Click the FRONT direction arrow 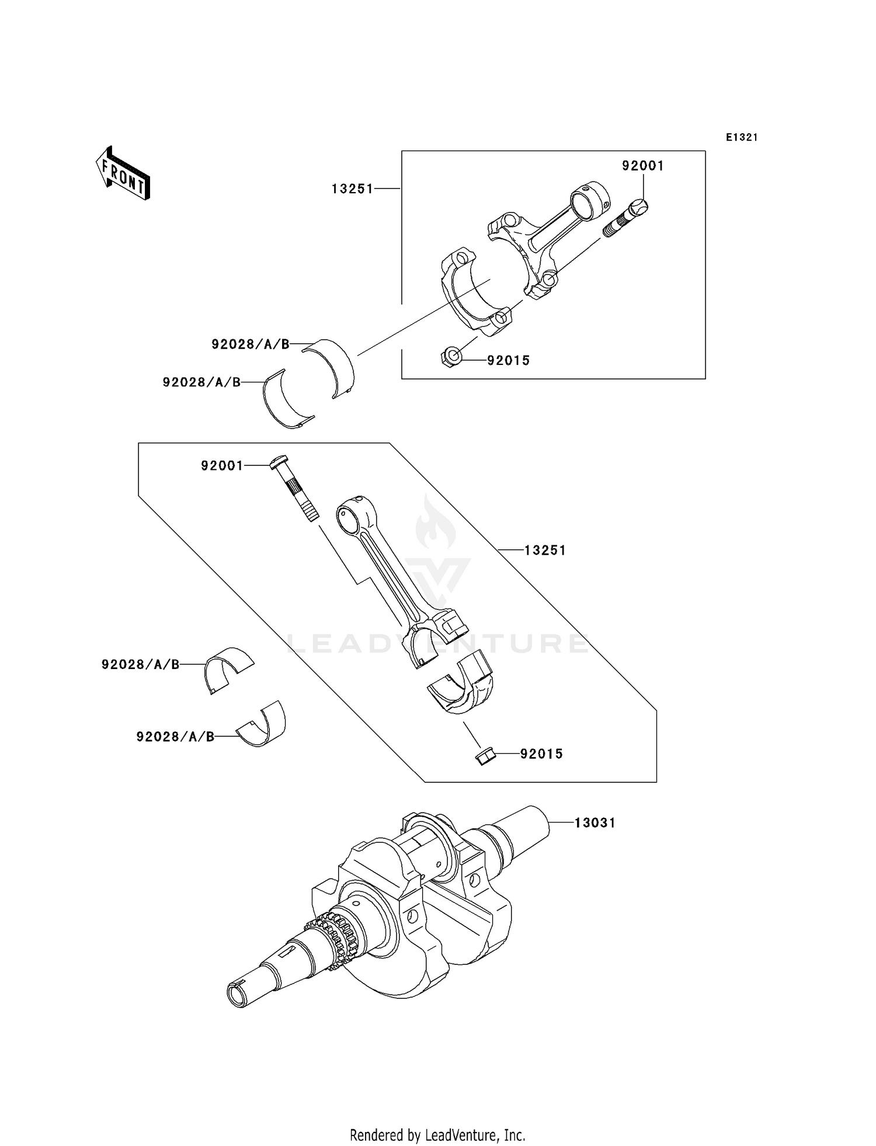tap(123, 174)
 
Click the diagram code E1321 tap(742, 137)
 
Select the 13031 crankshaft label tap(595, 823)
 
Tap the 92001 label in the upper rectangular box tap(642, 166)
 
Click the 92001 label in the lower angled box tap(222, 466)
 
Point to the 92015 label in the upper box tap(509, 361)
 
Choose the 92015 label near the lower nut tap(541, 754)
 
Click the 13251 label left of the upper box tap(352, 189)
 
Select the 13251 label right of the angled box tap(545, 551)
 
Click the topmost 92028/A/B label tap(251, 344)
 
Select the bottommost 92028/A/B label tap(175, 737)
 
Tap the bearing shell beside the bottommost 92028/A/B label tap(263, 725)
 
